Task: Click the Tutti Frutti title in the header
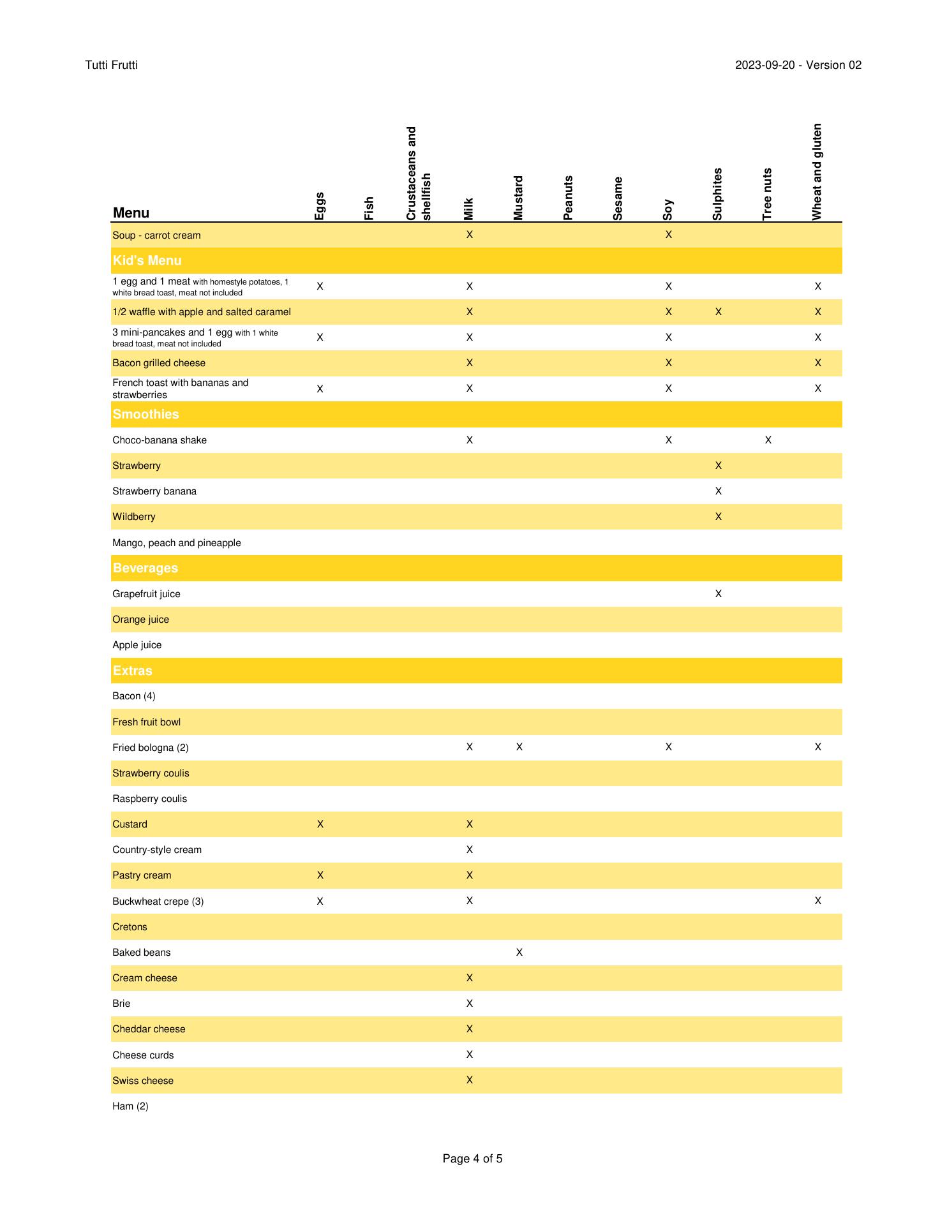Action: tap(111, 65)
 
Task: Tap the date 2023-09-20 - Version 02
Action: tap(798, 65)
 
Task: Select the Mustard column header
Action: tap(518, 198)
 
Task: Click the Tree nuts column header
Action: tap(767, 194)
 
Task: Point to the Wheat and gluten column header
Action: tap(817, 172)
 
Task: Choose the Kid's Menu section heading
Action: tap(147, 260)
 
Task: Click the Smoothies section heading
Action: tap(145, 414)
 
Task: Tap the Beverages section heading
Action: tap(145, 568)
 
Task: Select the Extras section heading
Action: tap(132, 671)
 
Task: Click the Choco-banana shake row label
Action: tap(160, 440)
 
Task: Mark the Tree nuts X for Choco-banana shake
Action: tap(768, 440)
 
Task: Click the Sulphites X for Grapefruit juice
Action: tap(718, 594)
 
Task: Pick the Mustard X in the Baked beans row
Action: tap(519, 953)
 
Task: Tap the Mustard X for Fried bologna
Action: tap(519, 747)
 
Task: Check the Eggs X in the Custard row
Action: tap(320, 824)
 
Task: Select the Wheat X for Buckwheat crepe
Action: tap(817, 901)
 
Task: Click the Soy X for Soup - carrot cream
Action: tap(668, 235)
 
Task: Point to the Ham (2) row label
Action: tap(130, 1106)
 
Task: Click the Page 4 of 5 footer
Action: tap(472, 1159)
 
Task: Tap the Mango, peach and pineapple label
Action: tap(177, 543)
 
